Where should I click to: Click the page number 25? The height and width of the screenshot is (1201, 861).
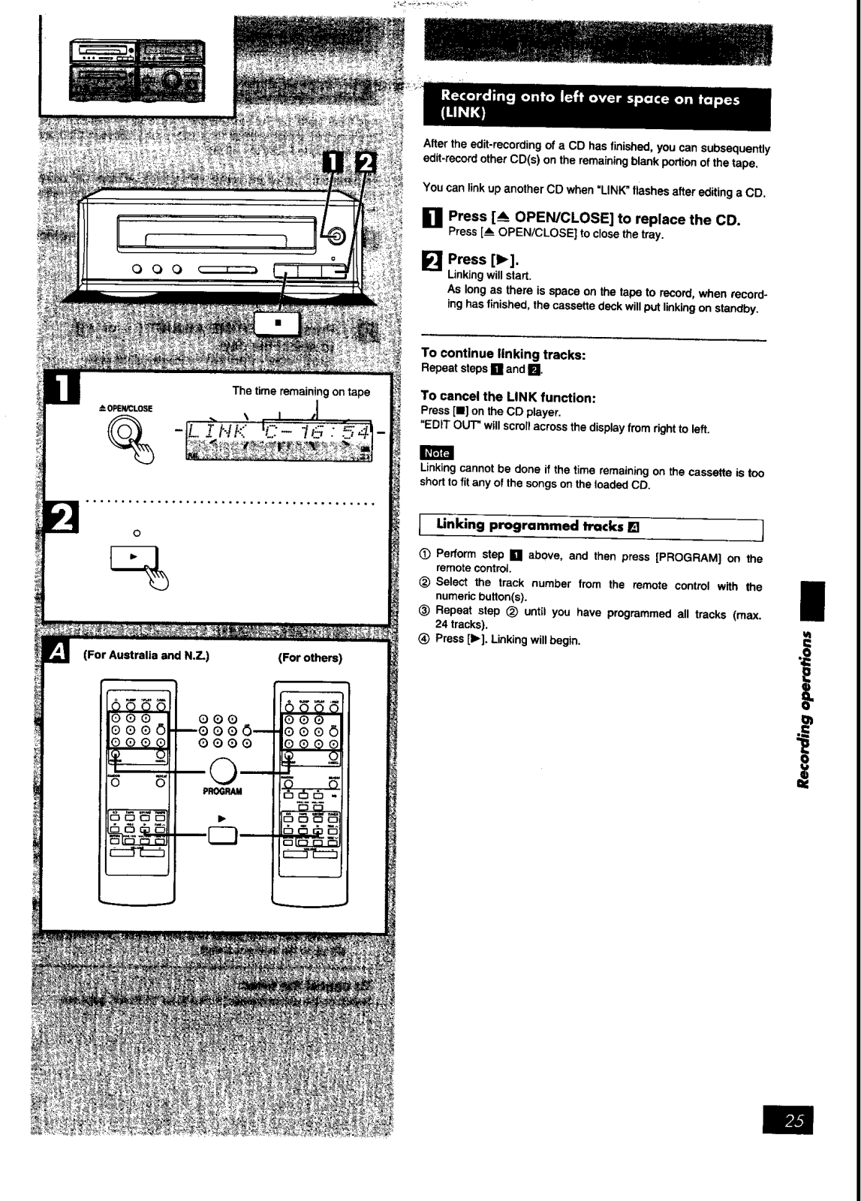pyautogui.click(x=794, y=1121)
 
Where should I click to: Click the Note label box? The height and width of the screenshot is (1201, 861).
pyautogui.click(x=437, y=453)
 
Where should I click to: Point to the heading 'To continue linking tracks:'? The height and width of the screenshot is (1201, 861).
pyautogui.click(x=503, y=354)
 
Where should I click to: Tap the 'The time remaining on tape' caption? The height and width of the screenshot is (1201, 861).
pyautogui.click(x=301, y=391)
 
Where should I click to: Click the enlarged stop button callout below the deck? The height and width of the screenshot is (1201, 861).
pyautogui.click(x=278, y=324)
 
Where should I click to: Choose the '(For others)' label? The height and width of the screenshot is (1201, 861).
pyautogui.click(x=309, y=658)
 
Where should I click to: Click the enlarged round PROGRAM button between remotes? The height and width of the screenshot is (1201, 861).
pyautogui.click(x=223, y=771)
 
